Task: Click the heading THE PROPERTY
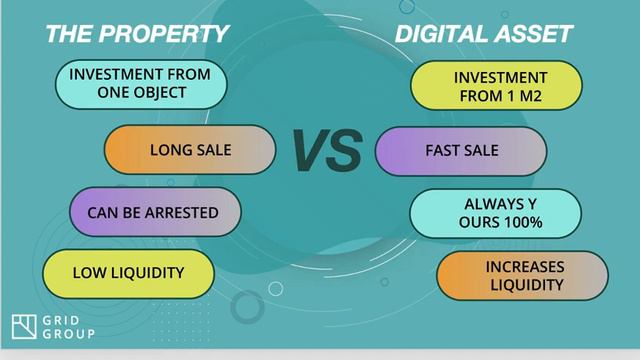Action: tap(136, 33)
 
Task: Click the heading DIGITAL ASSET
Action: tap(483, 33)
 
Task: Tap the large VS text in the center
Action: tap(326, 151)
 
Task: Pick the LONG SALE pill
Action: tap(190, 150)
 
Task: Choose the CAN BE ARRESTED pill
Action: tap(155, 212)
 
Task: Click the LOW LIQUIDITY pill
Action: tap(128, 272)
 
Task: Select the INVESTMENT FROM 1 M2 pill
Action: tap(496, 86)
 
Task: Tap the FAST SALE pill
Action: tap(461, 151)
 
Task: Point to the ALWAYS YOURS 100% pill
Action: tap(496, 213)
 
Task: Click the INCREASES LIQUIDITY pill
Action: tap(523, 276)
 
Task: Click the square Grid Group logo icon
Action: tap(24, 326)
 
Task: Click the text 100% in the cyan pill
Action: tap(523, 222)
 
